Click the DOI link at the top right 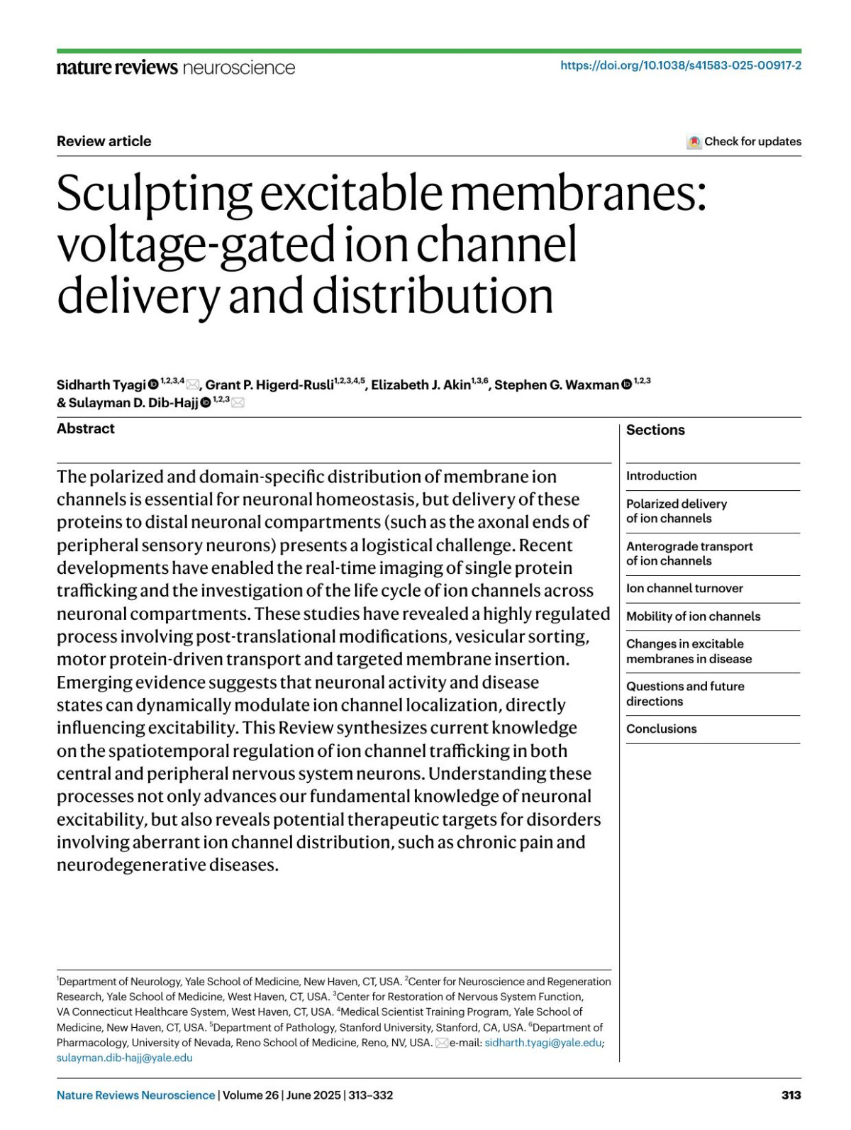[x=680, y=65]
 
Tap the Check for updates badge [x=744, y=141]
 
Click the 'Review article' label [x=104, y=141]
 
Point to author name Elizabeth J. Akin [x=421, y=384]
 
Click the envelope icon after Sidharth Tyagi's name [x=192, y=384]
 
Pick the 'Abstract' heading [x=85, y=428]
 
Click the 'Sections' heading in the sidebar [x=655, y=430]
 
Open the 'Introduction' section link [x=661, y=476]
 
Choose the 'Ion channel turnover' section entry [x=684, y=588]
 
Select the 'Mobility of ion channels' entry [x=693, y=616]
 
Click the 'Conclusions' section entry [x=661, y=729]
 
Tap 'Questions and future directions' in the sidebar [x=684, y=694]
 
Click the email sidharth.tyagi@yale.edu [x=543, y=1043]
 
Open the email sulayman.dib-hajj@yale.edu [x=124, y=1058]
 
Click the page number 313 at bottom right [x=791, y=1095]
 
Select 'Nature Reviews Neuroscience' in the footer [x=135, y=1095]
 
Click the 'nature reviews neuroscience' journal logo [x=175, y=67]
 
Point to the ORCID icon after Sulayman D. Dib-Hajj [x=206, y=403]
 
